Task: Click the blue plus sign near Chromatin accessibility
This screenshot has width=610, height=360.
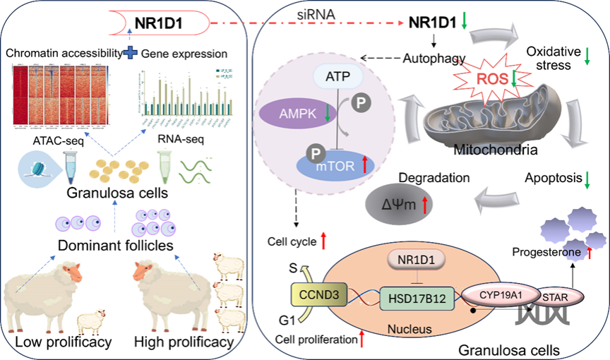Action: click(130, 52)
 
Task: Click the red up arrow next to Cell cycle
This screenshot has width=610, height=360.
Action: click(323, 242)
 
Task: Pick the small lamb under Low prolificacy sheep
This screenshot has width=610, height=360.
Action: click(90, 323)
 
